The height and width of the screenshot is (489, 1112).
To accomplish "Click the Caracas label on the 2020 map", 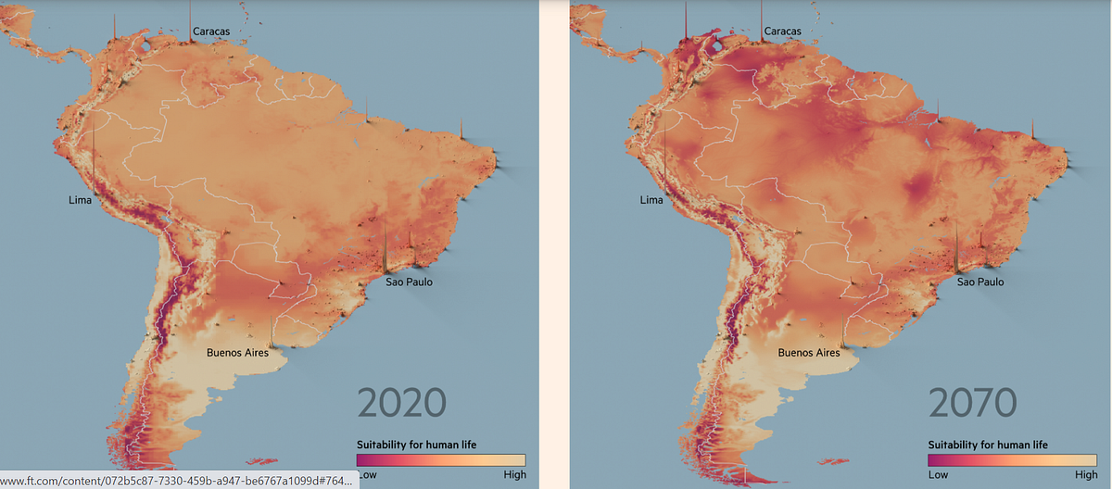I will click(211, 32).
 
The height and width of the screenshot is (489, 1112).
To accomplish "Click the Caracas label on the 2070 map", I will click(782, 32).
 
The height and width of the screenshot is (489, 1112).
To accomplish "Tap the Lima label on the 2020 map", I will click(81, 200).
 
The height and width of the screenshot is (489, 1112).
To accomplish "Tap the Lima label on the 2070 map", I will click(651, 200).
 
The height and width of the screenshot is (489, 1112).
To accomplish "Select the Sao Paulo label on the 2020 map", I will click(409, 282).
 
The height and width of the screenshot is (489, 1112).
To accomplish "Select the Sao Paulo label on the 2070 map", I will click(980, 282).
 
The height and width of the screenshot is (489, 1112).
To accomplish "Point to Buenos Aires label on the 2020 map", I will click(238, 353).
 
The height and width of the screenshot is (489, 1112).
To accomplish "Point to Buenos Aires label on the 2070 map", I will click(809, 353).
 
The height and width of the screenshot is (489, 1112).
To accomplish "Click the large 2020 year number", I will click(401, 404).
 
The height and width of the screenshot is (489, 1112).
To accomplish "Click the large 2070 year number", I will click(973, 404).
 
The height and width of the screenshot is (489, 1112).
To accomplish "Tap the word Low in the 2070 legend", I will click(938, 475).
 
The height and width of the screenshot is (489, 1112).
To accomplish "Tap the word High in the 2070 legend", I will click(1085, 475).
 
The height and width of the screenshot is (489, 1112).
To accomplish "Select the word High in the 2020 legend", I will click(513, 475).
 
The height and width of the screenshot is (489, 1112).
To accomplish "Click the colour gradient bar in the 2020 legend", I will click(441, 460).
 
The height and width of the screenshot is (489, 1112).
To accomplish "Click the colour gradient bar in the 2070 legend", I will click(1012, 460).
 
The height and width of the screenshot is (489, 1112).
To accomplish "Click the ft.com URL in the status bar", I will click(176, 480).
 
